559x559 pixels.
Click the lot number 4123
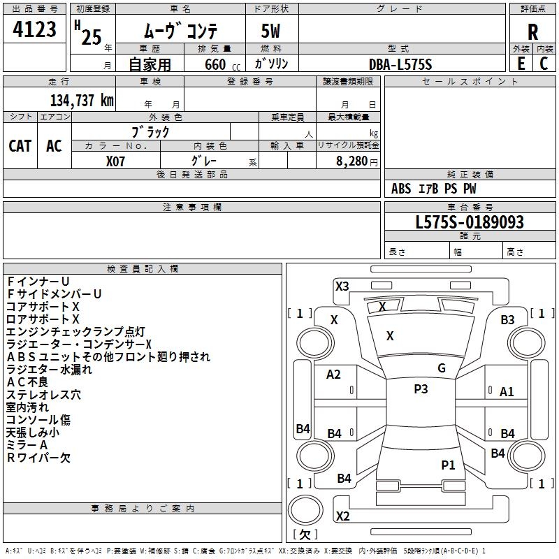click(35, 31)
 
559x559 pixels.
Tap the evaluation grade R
click(532, 32)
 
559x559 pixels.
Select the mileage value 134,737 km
click(82, 100)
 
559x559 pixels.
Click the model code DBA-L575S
click(400, 64)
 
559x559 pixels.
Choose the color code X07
click(116, 160)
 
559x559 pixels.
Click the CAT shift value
click(20, 145)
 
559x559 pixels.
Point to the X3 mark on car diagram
click(342, 286)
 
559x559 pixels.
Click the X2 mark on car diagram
click(342, 516)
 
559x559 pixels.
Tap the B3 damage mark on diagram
click(507, 320)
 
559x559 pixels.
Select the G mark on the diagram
click(442, 368)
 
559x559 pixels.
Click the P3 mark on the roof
click(421, 389)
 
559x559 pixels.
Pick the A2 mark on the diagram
click(334, 375)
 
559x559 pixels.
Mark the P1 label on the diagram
click(448, 465)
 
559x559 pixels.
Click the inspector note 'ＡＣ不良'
click(28, 382)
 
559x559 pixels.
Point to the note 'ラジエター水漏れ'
click(49, 370)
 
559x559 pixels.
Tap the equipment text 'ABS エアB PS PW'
click(434, 189)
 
